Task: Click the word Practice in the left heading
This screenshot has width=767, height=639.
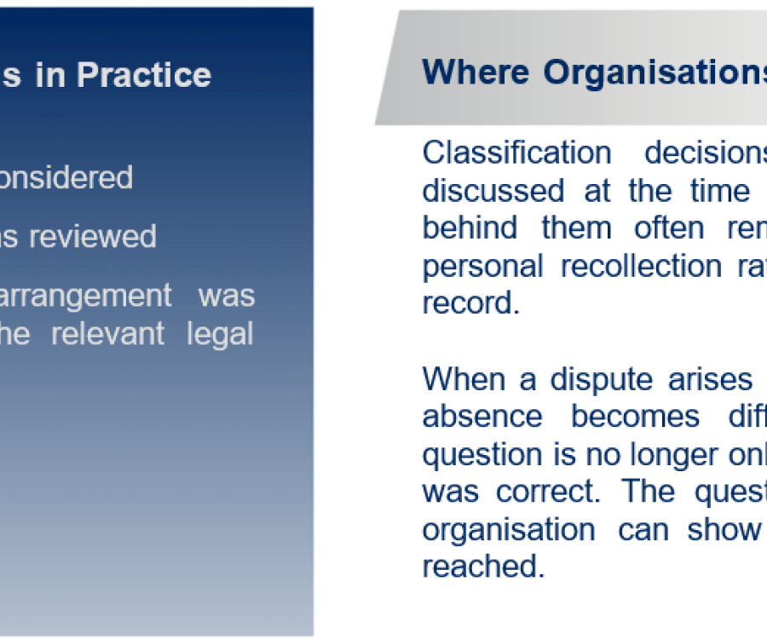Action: click(x=144, y=75)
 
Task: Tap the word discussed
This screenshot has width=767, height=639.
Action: click(x=493, y=190)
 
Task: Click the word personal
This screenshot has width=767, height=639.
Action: click(x=482, y=267)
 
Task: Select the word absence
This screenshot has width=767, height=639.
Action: click(x=482, y=417)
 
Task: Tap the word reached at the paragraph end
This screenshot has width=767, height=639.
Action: click(x=483, y=567)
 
